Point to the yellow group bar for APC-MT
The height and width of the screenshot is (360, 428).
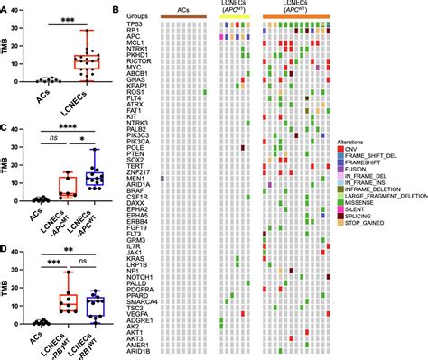tap(235, 17)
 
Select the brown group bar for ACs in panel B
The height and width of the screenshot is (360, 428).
tap(181, 17)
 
